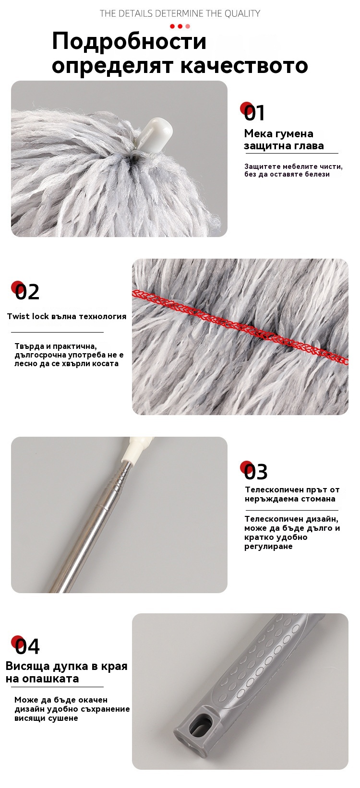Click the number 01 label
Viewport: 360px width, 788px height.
coord(254,113)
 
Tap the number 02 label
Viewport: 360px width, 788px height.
coord(27,292)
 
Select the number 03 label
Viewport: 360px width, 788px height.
coord(255,471)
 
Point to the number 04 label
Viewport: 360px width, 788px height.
coord(27,646)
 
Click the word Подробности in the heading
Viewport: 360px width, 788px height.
coord(129,41)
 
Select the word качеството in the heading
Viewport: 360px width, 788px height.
coord(244,65)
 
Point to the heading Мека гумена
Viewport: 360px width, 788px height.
coord(278,133)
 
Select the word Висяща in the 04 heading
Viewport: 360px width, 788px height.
coord(29,666)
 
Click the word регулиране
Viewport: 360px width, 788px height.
coord(268,546)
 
